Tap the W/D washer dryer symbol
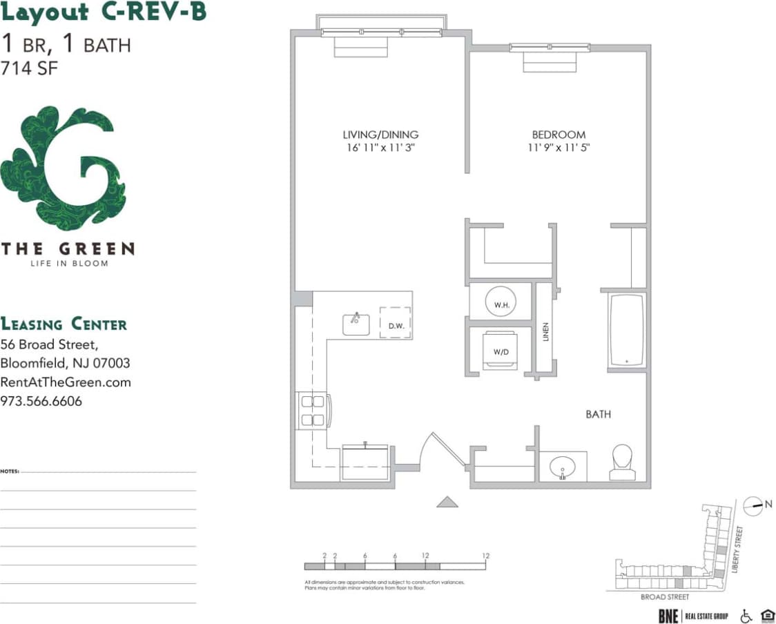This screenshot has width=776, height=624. point(501,349)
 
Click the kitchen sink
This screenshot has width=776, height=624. point(356,323)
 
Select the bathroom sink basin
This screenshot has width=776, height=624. point(563,467)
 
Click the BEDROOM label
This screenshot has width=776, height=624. point(559,135)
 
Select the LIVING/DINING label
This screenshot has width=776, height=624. point(380,135)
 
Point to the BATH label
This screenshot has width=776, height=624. point(598,414)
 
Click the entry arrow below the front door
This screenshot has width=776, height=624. point(447,503)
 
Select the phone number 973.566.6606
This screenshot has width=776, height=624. point(41,401)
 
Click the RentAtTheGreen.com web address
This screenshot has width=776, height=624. point(66,382)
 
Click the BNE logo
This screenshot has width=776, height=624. point(668,616)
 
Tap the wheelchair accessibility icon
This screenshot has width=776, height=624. point(746,616)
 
